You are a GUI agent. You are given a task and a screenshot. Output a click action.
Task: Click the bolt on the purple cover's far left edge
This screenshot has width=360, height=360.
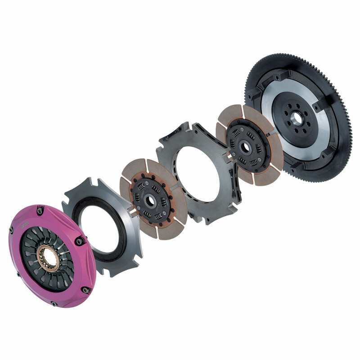[11, 231]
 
